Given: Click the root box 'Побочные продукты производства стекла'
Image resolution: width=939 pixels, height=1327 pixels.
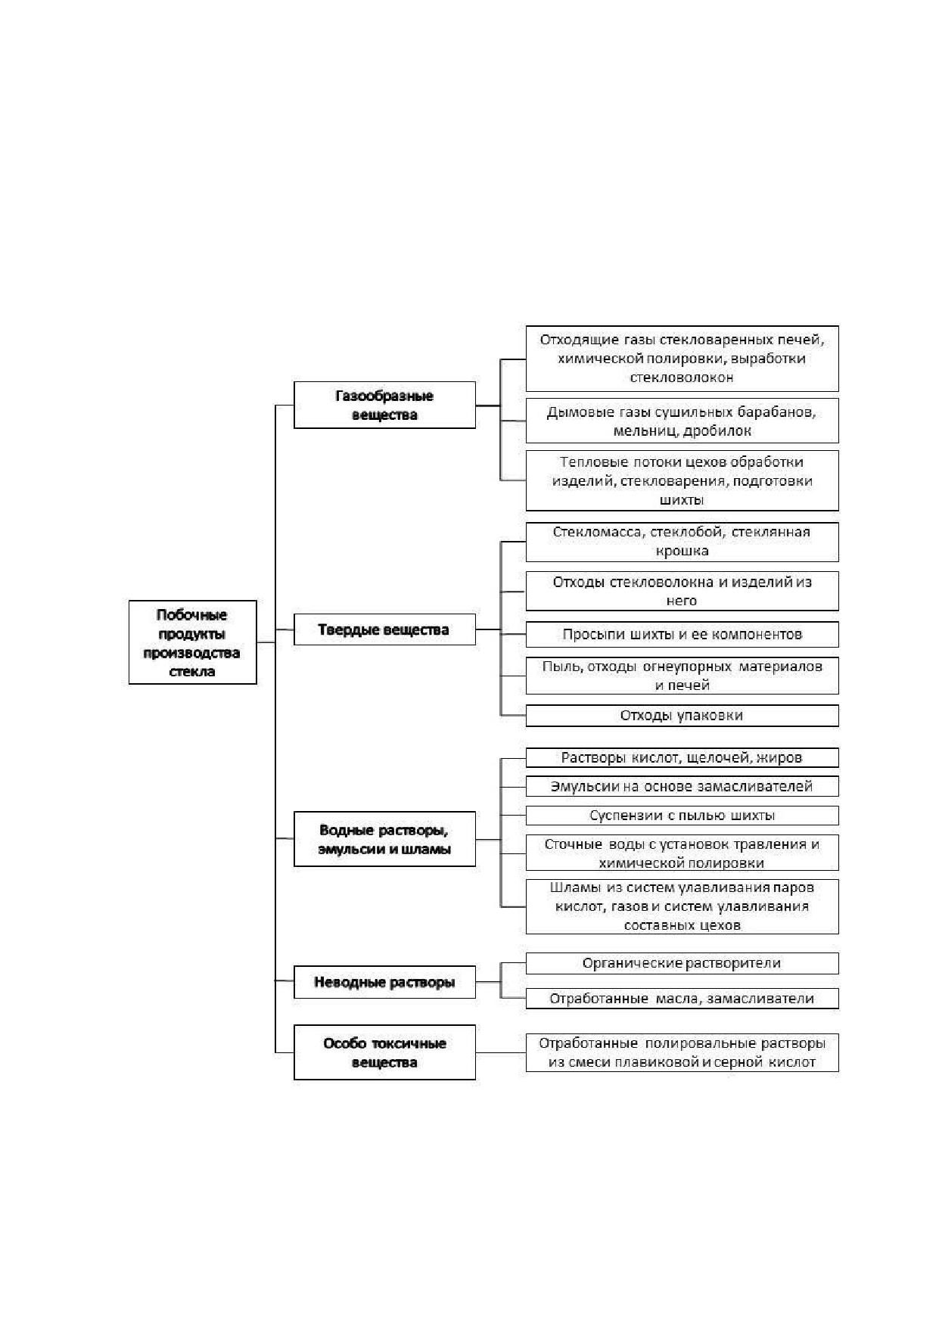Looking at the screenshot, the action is coord(192,642).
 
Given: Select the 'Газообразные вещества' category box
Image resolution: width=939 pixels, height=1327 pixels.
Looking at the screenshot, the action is coord(384,405).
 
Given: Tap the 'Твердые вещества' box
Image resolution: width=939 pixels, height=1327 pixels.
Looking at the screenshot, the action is coord(384,629).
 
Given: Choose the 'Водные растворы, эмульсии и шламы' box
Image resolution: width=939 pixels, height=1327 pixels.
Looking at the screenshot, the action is coord(384,839).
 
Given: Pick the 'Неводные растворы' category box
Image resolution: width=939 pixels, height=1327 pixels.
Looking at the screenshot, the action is coord(384,982).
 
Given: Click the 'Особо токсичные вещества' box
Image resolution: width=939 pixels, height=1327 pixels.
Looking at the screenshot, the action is coord(384,1052).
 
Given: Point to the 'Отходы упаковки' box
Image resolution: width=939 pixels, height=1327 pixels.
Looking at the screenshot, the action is coord(682,716).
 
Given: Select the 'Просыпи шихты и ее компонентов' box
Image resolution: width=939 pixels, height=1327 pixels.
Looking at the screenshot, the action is coord(682,634).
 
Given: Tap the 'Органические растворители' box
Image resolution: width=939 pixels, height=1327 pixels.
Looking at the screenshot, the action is coord(682,963).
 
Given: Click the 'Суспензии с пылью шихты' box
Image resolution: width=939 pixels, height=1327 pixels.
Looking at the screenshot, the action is coord(682,816).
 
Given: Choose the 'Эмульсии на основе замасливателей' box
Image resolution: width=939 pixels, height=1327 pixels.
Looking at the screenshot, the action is coord(682,786).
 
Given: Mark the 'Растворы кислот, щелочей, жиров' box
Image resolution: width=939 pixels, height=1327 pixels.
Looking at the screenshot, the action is coord(682,757).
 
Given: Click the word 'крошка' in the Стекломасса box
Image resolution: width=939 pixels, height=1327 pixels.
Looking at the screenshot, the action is coord(682,551).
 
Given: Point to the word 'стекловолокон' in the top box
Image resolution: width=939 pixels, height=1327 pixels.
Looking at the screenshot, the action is coord(682,377).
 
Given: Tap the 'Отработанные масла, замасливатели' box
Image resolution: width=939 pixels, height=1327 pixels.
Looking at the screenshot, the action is coord(682,999).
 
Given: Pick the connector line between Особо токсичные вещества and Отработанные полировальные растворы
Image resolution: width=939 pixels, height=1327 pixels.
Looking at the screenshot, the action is coord(501,1052).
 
